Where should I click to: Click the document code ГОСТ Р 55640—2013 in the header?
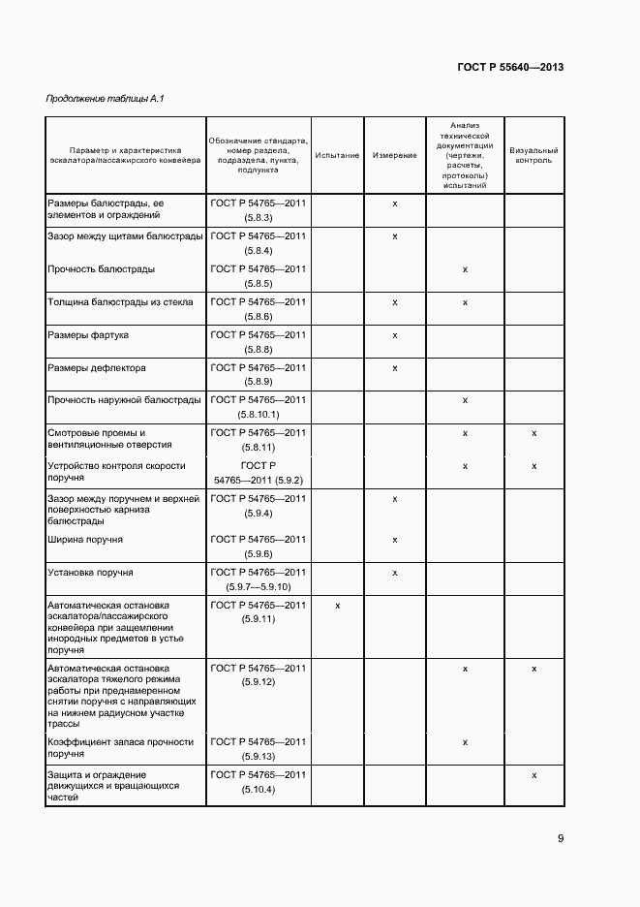pos(510,68)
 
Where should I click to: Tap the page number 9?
pos(560,839)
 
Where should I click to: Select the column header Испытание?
pos(337,156)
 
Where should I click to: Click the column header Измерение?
pos(394,156)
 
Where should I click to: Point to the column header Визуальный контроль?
pos(533,156)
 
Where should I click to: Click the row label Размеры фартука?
pos(88,335)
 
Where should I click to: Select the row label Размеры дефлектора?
pos(96,368)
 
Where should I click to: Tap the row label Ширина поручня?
pos(85,540)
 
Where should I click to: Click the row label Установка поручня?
pos(90,573)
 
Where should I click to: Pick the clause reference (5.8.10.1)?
pos(259,415)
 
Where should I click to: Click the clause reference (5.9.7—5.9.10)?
pos(259,588)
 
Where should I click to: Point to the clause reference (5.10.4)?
pos(259,791)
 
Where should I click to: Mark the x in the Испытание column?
pos(337,606)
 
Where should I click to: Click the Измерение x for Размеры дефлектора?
pos(395,368)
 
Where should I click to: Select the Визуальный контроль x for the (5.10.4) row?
pos(534,775)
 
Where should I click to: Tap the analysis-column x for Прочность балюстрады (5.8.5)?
pos(466,269)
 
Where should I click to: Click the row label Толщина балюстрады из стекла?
pos(120,302)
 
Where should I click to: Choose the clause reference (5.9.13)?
pos(259,758)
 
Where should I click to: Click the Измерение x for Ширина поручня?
pos(395,540)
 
